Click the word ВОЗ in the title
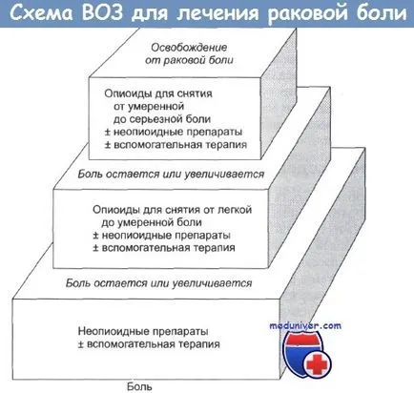[x=102, y=13]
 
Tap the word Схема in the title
[x=42, y=13]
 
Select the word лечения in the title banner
[x=217, y=14]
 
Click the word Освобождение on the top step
[x=189, y=48]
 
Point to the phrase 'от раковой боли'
[x=189, y=60]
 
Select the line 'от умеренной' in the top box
[x=149, y=106]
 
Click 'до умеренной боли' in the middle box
[x=152, y=222]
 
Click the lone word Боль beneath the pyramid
[x=139, y=386]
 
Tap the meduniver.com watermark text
[x=305, y=326]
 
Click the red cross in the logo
[x=317, y=364]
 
